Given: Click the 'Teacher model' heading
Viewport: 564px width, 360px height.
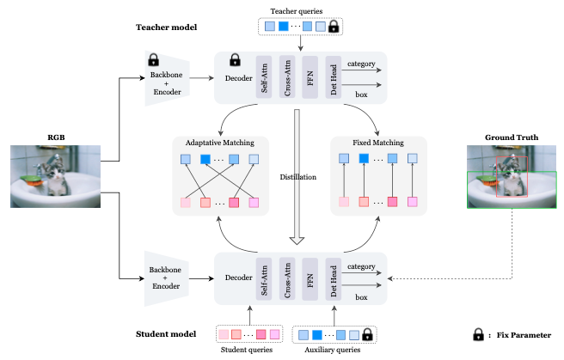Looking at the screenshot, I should [166, 27].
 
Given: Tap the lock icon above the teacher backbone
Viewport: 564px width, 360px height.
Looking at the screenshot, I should [154, 60].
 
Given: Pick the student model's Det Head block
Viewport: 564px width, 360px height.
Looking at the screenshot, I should [333, 277].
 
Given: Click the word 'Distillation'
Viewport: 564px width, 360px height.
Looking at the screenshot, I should [298, 178].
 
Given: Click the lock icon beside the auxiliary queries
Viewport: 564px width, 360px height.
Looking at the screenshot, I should [368, 333].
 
